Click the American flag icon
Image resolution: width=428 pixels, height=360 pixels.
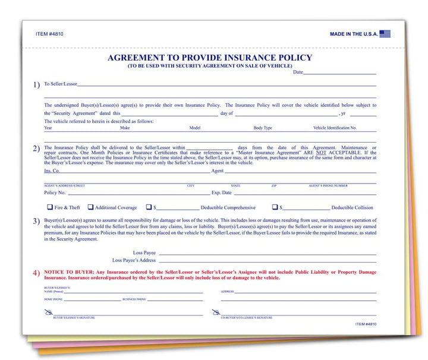click(x=385, y=34)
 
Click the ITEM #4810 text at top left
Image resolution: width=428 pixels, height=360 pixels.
click(x=49, y=34)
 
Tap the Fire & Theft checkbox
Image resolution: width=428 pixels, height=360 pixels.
click(x=50, y=207)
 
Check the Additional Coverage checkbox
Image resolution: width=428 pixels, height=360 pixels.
click(x=90, y=207)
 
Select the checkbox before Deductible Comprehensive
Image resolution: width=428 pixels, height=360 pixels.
click(x=149, y=207)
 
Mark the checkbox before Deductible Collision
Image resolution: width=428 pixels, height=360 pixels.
click(x=275, y=207)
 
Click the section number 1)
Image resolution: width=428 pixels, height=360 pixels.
click(x=36, y=85)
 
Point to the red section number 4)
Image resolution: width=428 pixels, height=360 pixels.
click(x=36, y=273)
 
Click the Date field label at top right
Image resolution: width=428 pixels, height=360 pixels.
click(x=298, y=72)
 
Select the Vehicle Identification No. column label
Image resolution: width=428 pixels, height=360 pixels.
click(x=335, y=128)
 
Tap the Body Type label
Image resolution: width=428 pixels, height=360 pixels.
click(x=263, y=128)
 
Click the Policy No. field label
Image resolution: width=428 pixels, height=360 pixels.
click(x=55, y=192)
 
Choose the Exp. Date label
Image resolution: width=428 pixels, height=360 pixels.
click(x=221, y=192)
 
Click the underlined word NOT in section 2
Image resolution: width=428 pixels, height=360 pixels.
click(x=321, y=153)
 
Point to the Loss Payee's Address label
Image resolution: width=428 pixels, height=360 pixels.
click(x=134, y=260)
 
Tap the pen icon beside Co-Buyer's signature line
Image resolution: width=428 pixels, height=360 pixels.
click(x=223, y=312)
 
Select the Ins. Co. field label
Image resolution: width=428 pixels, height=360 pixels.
click(x=52, y=171)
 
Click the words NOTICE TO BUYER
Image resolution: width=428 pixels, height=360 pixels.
click(x=68, y=271)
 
